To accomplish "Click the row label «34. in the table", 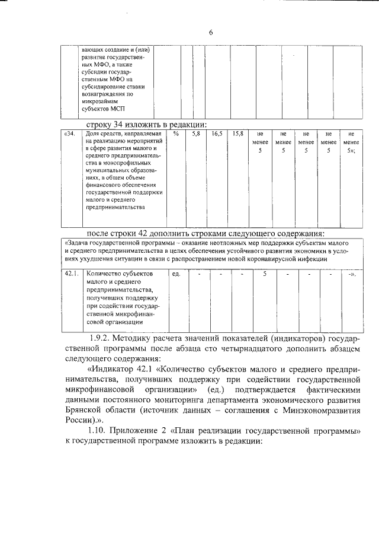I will pyautogui.click(x=70, y=135).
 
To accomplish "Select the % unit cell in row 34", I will pyautogui.click(x=176, y=135).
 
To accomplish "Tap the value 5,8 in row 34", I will pyautogui.click(x=196, y=135).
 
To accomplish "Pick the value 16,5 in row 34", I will pyautogui.click(x=217, y=135).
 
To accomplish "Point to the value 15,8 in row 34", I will pyautogui.click(x=238, y=135).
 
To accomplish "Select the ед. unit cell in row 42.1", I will pyautogui.click(x=176, y=274).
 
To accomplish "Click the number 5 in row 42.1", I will pyautogui.click(x=265, y=274).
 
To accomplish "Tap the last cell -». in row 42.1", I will pyautogui.click(x=352, y=274).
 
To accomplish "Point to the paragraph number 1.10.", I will pyautogui.click(x=99, y=430).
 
